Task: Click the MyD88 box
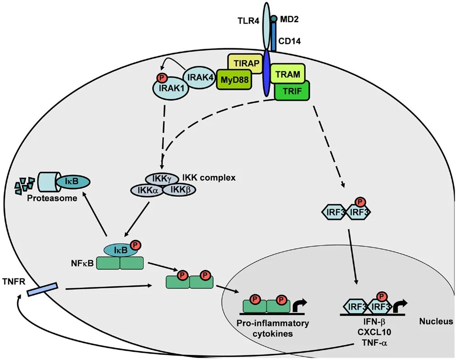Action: [234, 79]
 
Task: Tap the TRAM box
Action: [288, 74]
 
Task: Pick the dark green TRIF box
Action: [292, 91]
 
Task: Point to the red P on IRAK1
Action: [161, 78]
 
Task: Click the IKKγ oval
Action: [162, 179]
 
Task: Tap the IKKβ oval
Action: [179, 190]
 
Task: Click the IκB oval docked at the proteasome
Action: [73, 181]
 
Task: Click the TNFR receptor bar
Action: [43, 289]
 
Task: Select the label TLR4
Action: [248, 21]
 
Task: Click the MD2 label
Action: [289, 20]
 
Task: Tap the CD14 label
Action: [289, 41]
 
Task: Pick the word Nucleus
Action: [436, 321]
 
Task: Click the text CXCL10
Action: [374, 332]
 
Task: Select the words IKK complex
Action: [209, 178]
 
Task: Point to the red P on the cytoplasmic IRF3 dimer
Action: [361, 202]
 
